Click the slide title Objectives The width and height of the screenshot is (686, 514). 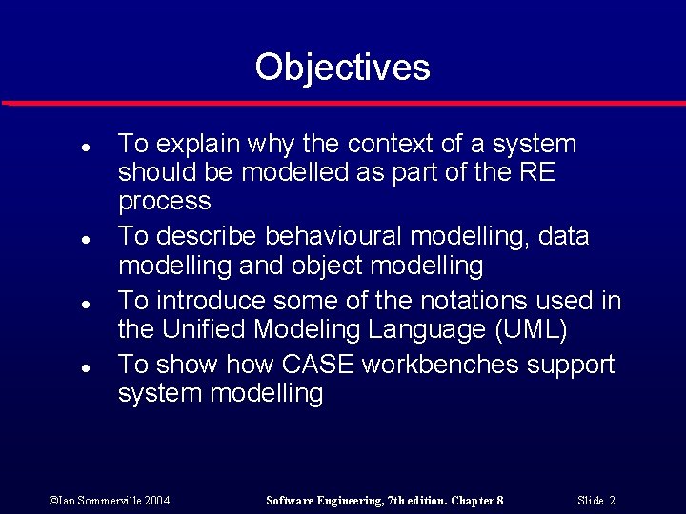(342, 68)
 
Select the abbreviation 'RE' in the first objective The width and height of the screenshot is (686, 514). (536, 173)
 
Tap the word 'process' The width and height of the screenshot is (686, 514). (164, 202)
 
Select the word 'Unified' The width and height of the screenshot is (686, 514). (208, 330)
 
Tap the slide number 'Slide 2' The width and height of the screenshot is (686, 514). (596, 500)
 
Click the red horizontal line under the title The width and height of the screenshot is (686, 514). (343, 102)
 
